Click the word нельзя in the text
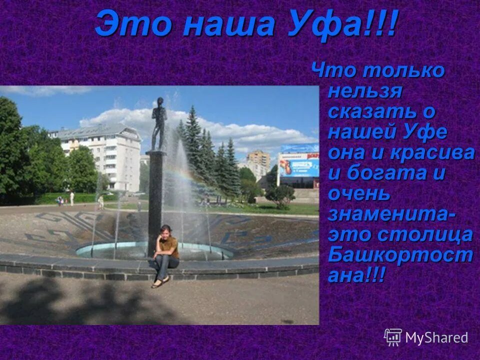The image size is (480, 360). [365, 91]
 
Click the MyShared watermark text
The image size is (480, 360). [436, 337]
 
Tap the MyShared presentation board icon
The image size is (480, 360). [393, 337]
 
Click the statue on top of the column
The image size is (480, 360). [159, 122]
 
